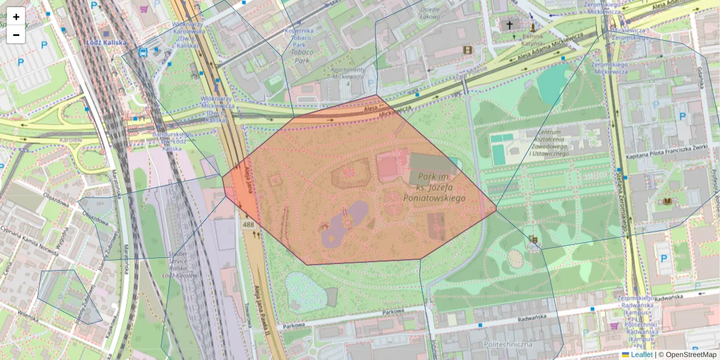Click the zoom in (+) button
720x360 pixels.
tap(16, 17)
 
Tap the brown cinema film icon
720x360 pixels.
tap(467, 50)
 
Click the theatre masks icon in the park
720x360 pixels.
tap(533, 240)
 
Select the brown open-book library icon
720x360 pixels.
tap(667, 202)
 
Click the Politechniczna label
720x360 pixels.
tap(508, 344)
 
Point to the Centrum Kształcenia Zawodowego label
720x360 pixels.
tap(544, 143)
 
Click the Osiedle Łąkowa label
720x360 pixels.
tap(430, 13)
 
